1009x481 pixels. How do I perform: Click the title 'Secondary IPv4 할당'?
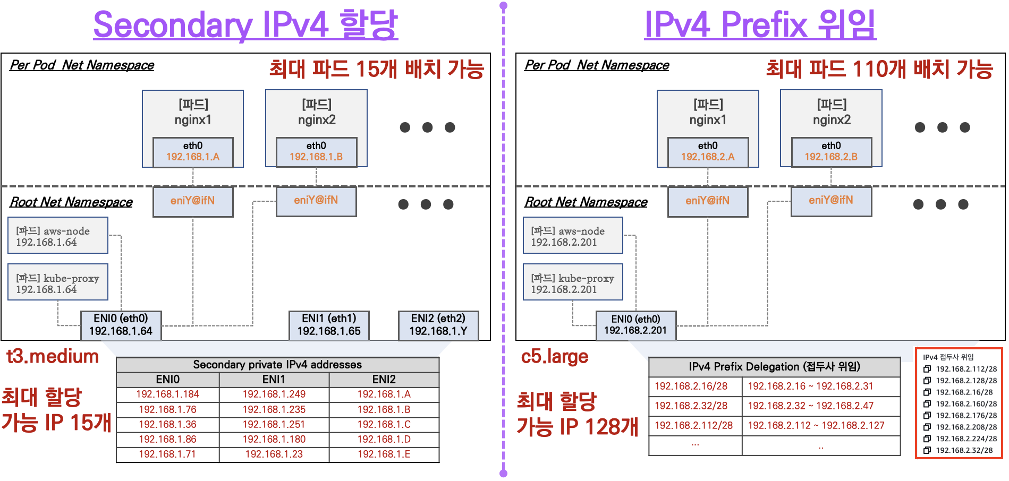[245, 24]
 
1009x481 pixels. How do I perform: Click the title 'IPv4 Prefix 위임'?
[760, 24]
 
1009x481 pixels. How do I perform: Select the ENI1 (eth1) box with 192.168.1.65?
[329, 325]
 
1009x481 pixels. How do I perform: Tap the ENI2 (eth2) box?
[438, 325]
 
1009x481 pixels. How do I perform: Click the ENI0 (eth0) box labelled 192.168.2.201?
[635, 325]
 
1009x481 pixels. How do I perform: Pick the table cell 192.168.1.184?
[167, 394]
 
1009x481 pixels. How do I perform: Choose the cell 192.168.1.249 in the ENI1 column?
[274, 394]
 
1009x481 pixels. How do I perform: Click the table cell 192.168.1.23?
[274, 454]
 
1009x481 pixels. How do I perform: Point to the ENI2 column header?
[384, 380]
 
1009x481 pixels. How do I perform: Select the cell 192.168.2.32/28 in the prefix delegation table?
[691, 406]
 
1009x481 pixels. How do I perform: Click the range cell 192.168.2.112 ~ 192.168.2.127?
[816, 426]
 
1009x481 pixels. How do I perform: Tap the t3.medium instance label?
[53, 356]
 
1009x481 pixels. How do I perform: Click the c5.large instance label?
[555, 356]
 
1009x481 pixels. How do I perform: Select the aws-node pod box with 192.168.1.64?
[58, 236]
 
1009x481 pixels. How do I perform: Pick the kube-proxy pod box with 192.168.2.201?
[573, 284]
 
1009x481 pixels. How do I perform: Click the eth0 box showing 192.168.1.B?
[316, 152]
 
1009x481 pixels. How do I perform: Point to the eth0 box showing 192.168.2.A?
[708, 152]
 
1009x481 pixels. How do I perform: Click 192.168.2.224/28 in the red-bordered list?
[966, 439]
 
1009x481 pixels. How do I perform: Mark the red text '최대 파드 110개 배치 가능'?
[879, 69]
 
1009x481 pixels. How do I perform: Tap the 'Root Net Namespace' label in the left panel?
[71, 202]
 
